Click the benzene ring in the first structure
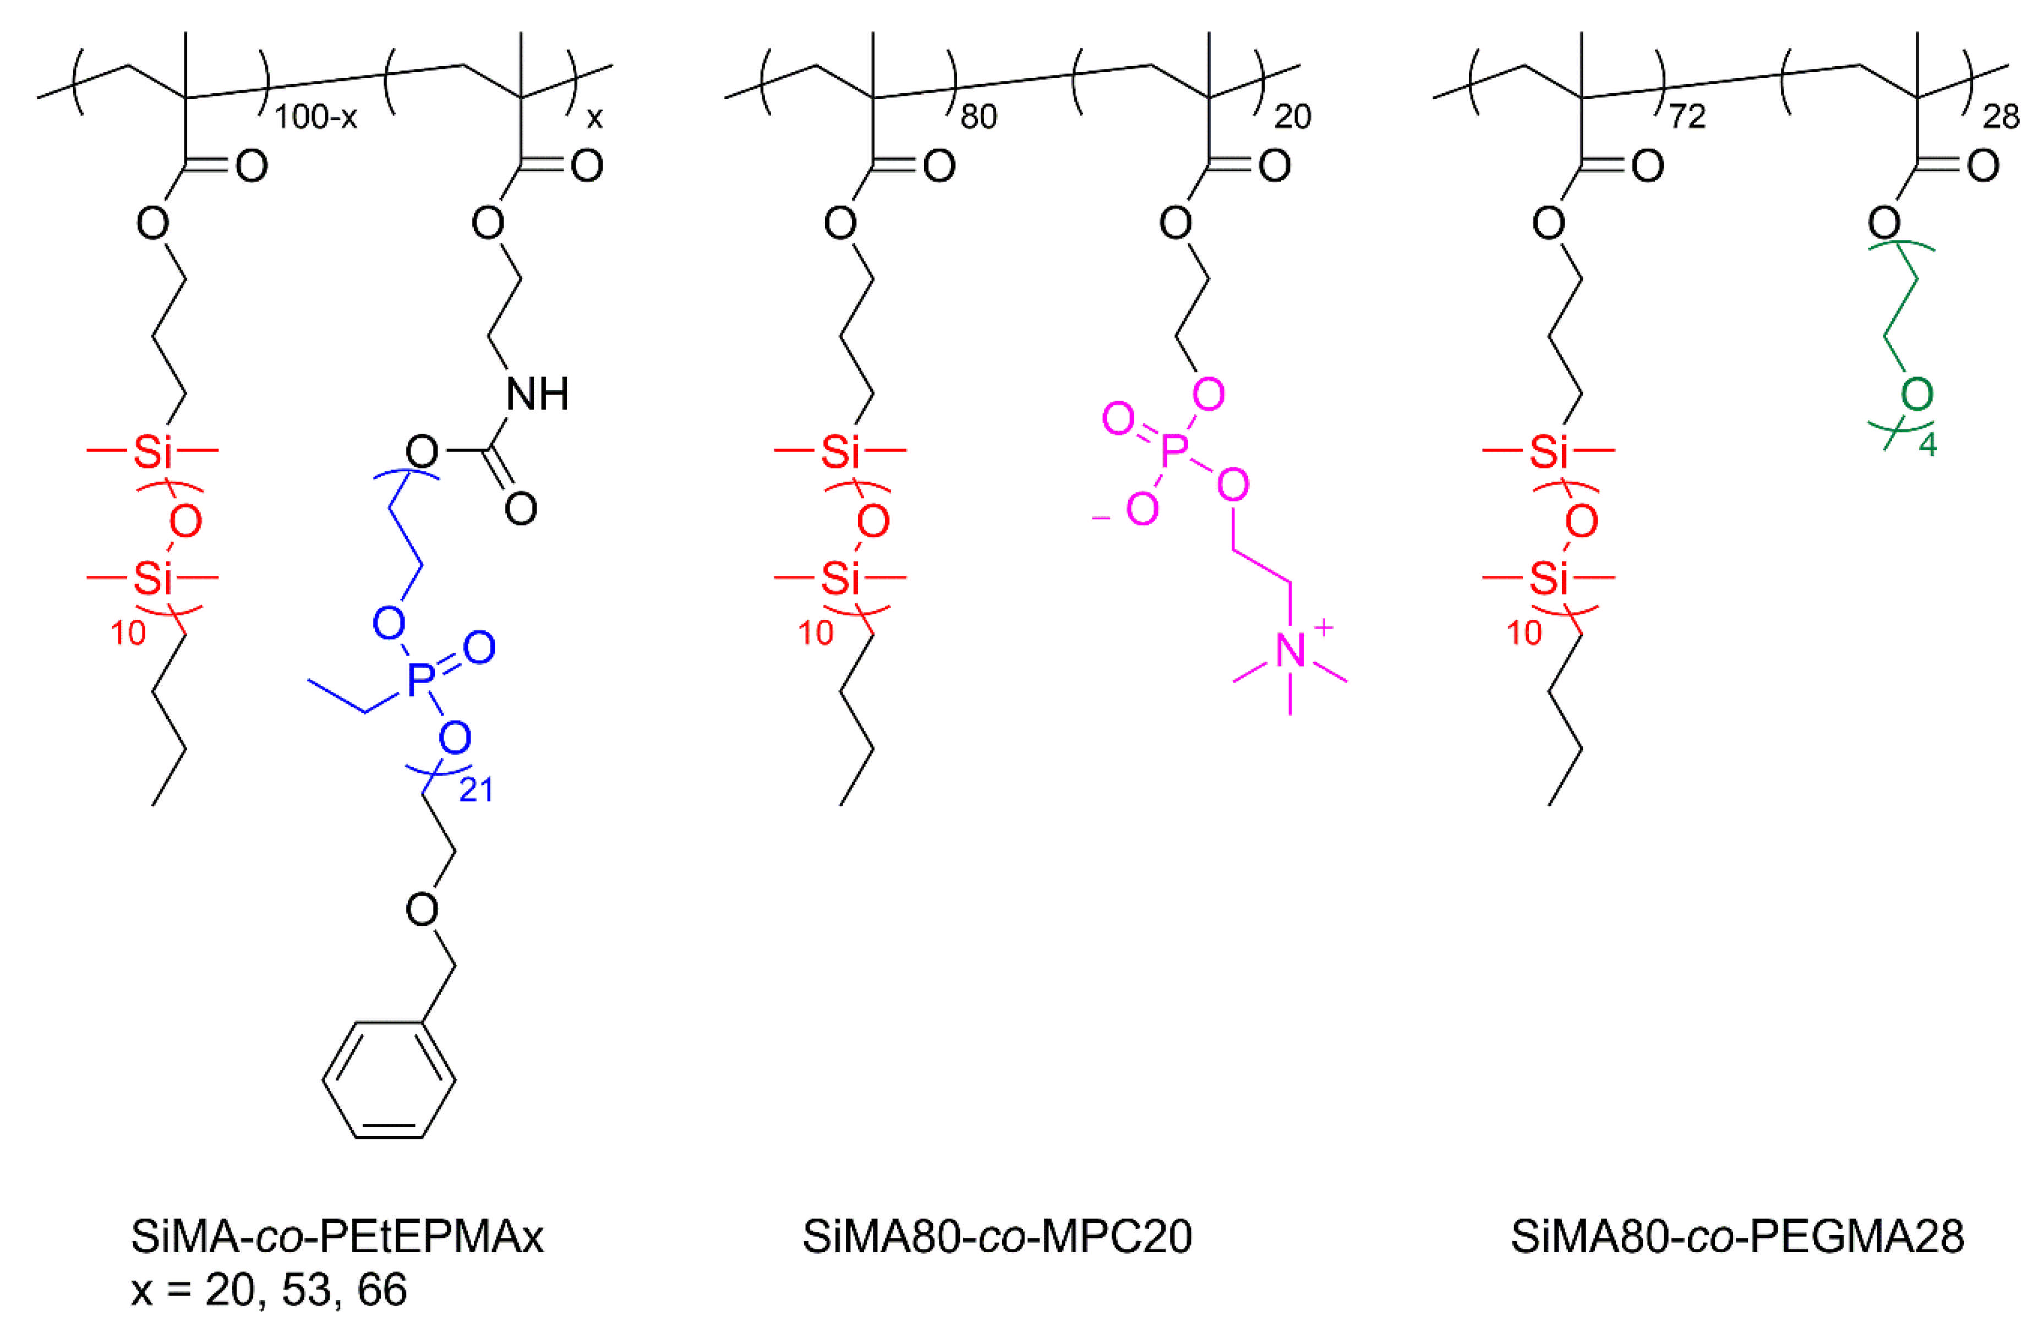click(389, 1079)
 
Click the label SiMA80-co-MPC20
click(997, 1237)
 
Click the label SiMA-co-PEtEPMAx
click(337, 1237)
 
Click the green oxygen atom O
click(1917, 395)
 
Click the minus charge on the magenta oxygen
click(1100, 518)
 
